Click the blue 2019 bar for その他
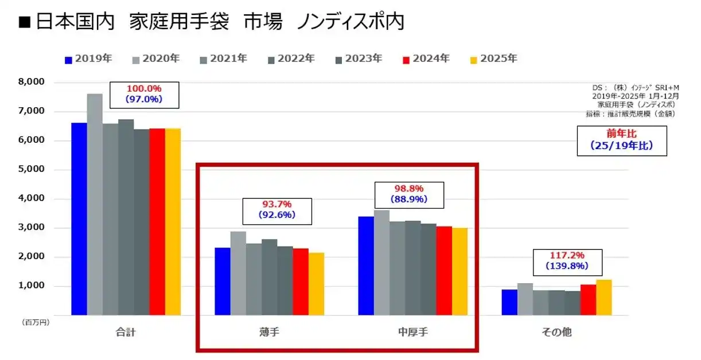pyautogui.click(x=509, y=302)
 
